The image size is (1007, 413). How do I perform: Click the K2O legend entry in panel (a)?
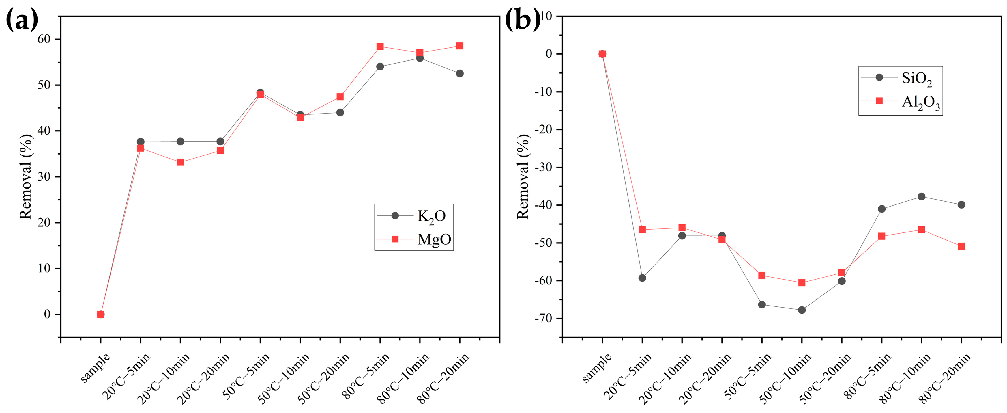[413, 216]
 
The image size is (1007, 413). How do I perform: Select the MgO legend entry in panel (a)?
[413, 239]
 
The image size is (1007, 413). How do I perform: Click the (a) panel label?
[22, 20]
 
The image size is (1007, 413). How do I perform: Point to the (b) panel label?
[522, 20]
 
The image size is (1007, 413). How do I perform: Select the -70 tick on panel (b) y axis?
[544, 319]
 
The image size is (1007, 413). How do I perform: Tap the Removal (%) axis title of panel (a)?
[26, 176]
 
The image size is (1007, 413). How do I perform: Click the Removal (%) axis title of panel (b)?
[523, 176]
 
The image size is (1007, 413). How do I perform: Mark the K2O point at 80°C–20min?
[460, 74]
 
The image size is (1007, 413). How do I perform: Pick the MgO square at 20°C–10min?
[180, 162]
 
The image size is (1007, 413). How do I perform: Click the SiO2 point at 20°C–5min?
[642, 278]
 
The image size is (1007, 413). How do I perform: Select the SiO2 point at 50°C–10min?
[802, 310]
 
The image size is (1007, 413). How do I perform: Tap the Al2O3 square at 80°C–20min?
[961, 246]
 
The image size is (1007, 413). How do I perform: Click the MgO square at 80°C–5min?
[380, 46]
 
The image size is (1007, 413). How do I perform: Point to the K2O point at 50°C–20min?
[340, 112]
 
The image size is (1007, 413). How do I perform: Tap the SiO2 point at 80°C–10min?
[921, 196]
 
